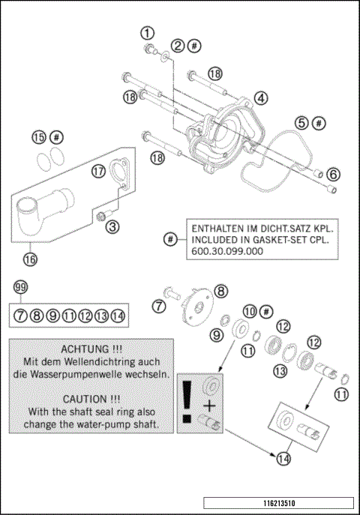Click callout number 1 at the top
point(148,32)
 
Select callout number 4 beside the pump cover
point(260,98)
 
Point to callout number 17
point(97,171)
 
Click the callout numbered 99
point(20,288)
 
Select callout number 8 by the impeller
point(220,290)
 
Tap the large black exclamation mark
point(187,403)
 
